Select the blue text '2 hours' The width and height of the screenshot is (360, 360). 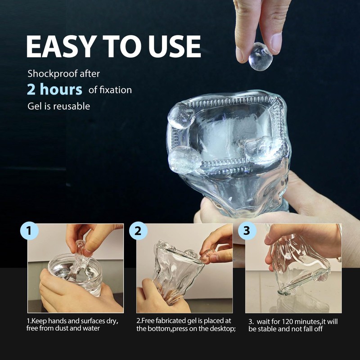click(54, 89)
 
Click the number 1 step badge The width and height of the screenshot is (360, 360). click(29, 231)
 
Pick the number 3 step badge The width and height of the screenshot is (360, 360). click(247, 231)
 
